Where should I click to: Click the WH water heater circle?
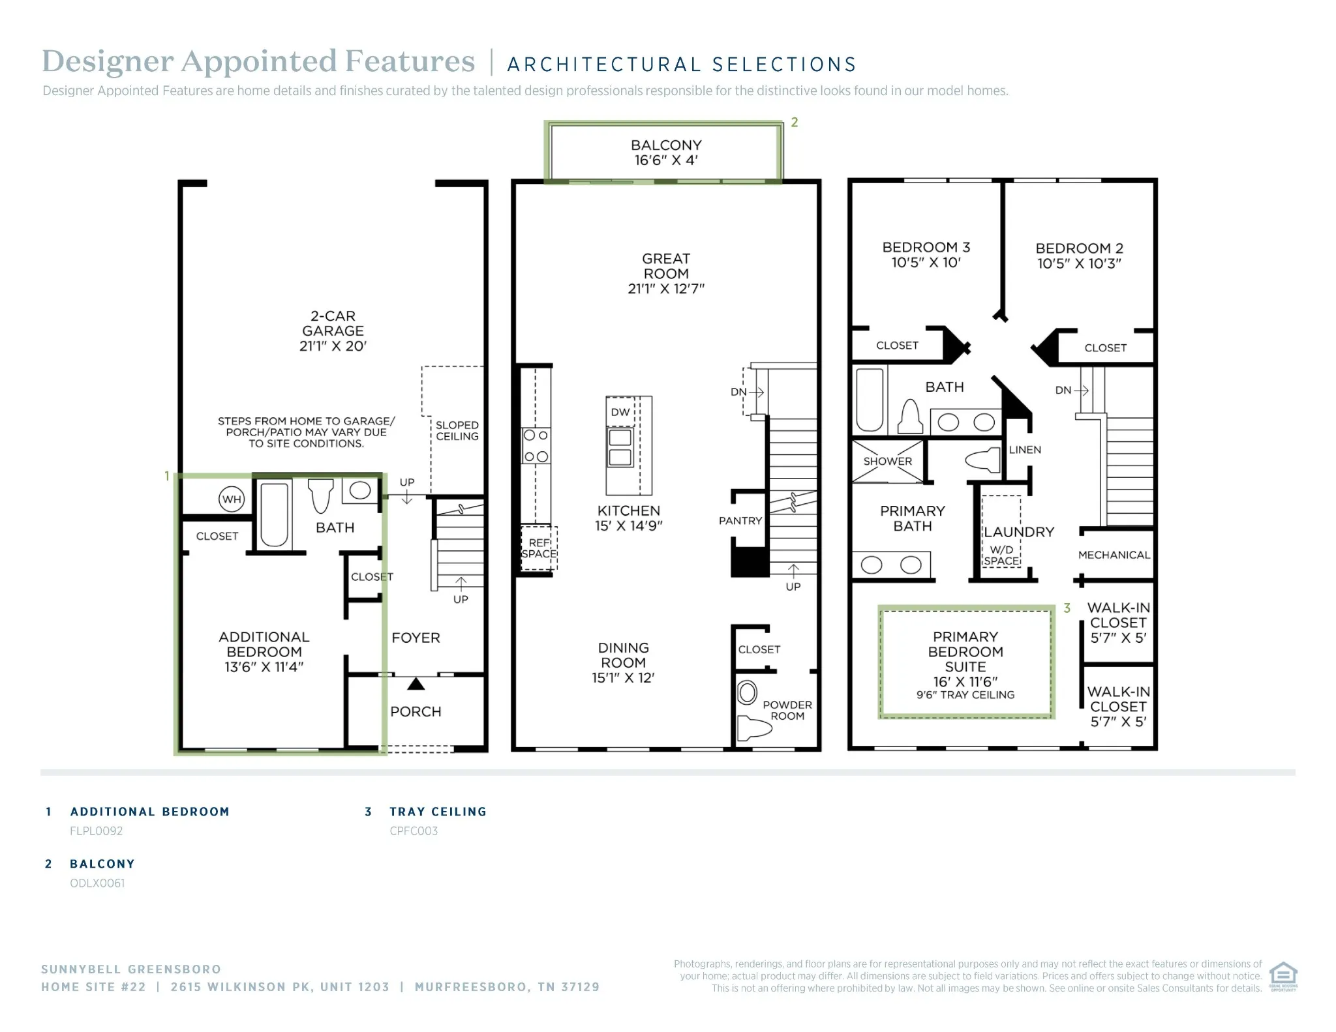pos(232,499)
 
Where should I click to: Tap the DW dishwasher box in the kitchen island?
pos(620,412)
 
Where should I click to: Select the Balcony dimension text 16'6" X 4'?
pos(666,160)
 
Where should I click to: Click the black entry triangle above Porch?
pos(416,684)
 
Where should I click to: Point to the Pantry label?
pos(740,520)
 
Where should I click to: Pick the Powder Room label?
pos(787,710)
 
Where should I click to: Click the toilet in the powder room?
pos(753,726)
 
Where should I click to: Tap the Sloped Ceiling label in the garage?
pos(457,430)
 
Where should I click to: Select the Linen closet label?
pos(1025,450)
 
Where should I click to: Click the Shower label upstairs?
pos(888,461)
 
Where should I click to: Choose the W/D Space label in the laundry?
pos(1001,555)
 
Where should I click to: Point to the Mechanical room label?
pos(1114,555)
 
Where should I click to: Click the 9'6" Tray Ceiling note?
pos(965,695)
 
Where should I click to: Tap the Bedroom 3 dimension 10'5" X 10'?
pos(926,262)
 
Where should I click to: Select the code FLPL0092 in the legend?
pos(97,831)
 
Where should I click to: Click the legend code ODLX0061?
pos(97,883)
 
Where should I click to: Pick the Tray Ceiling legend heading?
pos(438,812)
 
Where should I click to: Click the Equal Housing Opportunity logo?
pos(1283,976)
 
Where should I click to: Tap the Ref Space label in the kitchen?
pos(539,548)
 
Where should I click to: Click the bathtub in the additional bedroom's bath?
pos(275,514)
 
